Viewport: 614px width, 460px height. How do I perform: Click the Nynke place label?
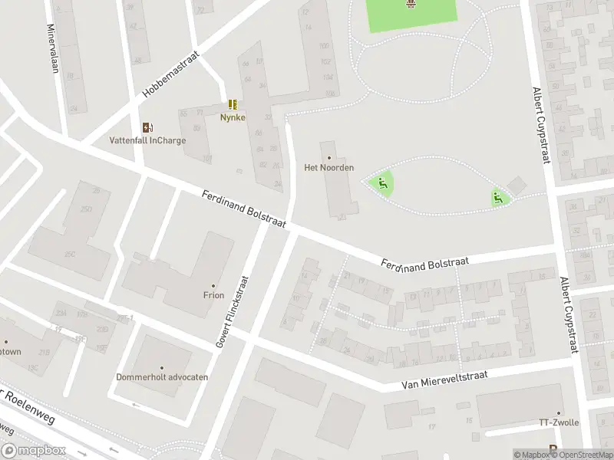pos(233,117)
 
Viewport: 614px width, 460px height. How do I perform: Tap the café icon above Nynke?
pos(233,104)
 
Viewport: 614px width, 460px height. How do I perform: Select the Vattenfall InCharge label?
pos(148,140)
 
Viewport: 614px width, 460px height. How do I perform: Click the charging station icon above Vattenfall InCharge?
pos(147,127)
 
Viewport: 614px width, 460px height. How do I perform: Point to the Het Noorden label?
pos(329,167)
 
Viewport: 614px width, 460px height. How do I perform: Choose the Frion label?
pos(213,294)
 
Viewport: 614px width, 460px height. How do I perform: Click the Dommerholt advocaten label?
pos(162,377)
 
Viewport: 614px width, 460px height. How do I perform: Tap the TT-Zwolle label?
pos(558,423)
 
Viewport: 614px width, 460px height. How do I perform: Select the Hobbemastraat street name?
pos(170,74)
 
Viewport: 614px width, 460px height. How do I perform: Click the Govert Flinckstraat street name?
pos(233,312)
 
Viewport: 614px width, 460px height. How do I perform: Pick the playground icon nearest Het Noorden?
pos(381,183)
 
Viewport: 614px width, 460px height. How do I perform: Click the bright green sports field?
pos(412,15)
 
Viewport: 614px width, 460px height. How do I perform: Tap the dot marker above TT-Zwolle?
pos(559,412)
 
